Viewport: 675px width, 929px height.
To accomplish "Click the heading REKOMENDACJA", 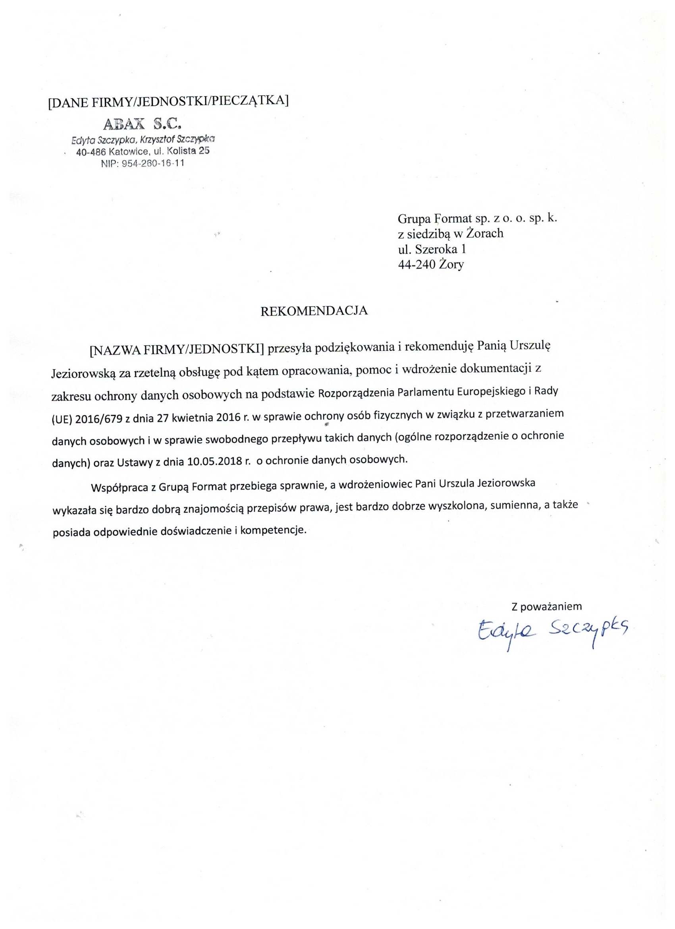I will tap(314, 310).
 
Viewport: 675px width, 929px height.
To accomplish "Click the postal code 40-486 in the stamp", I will tap(91, 152).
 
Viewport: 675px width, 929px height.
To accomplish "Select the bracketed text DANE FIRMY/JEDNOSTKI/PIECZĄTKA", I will tap(168, 101).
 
